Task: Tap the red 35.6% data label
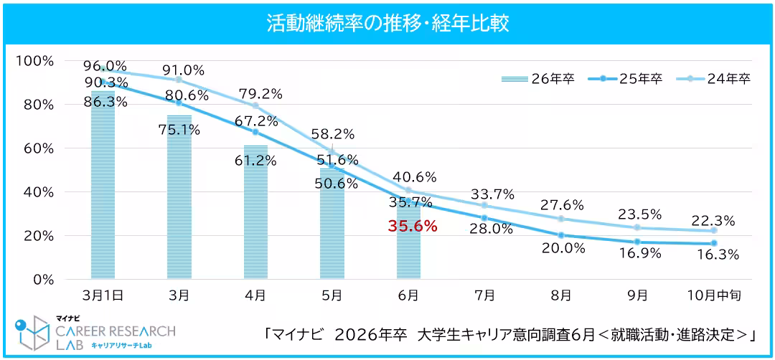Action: click(x=413, y=226)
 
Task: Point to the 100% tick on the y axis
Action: click(x=34, y=61)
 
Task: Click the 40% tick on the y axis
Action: click(x=37, y=192)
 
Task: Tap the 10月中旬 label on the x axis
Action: click(x=713, y=295)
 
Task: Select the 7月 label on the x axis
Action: click(x=484, y=295)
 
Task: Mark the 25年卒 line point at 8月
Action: click(x=561, y=235)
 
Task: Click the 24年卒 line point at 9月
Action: click(x=637, y=227)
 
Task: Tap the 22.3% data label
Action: click(x=715, y=221)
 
